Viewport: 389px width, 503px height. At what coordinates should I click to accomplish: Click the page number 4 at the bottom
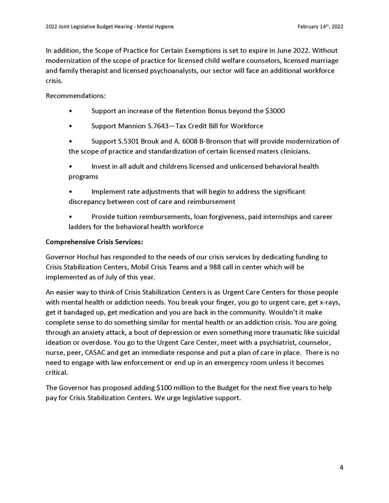[x=341, y=467]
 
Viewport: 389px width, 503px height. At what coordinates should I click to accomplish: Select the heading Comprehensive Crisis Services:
[x=94, y=242]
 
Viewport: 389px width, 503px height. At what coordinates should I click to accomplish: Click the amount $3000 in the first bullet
[x=274, y=111]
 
